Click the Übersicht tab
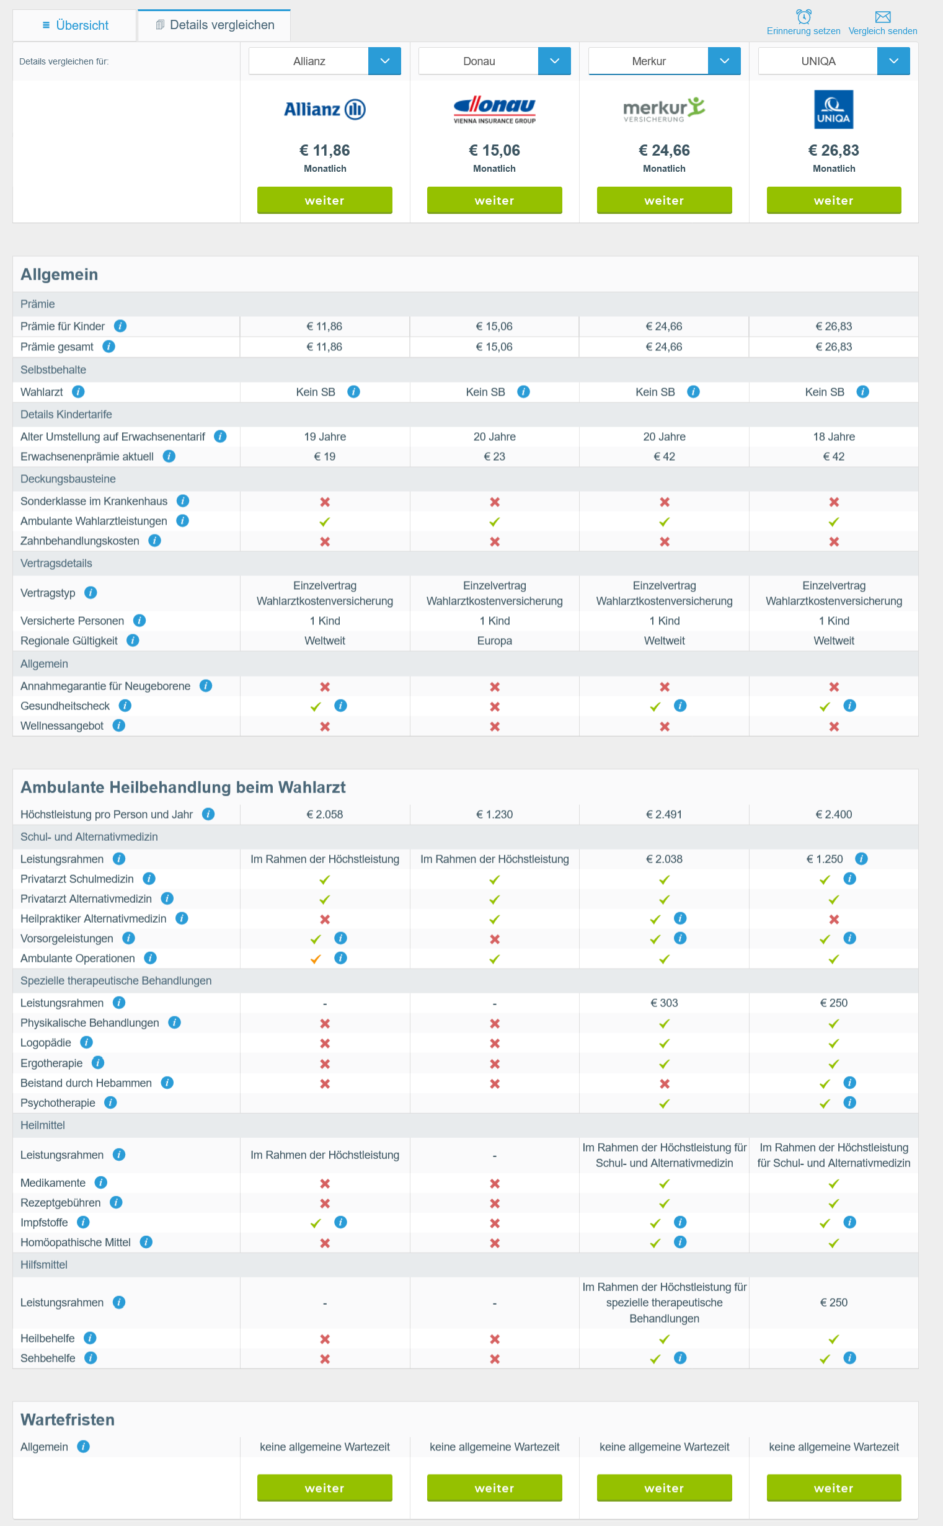tap(75, 25)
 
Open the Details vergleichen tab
tap(215, 25)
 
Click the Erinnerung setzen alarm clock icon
tap(804, 16)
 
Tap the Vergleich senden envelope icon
tap(882, 17)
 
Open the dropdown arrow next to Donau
tap(554, 61)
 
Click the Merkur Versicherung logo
tap(664, 110)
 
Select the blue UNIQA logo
tap(834, 110)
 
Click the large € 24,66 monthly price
tap(664, 150)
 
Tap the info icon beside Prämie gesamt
tap(108, 346)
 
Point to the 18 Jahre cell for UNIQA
tap(834, 437)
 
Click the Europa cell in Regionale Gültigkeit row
tap(495, 641)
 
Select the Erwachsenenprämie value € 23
tap(495, 456)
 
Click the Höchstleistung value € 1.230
tap(495, 814)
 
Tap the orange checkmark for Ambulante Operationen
tap(316, 959)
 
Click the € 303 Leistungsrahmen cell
tap(664, 1003)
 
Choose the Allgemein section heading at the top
tap(60, 275)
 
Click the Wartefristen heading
tap(68, 1420)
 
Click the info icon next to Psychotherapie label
tap(110, 1102)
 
